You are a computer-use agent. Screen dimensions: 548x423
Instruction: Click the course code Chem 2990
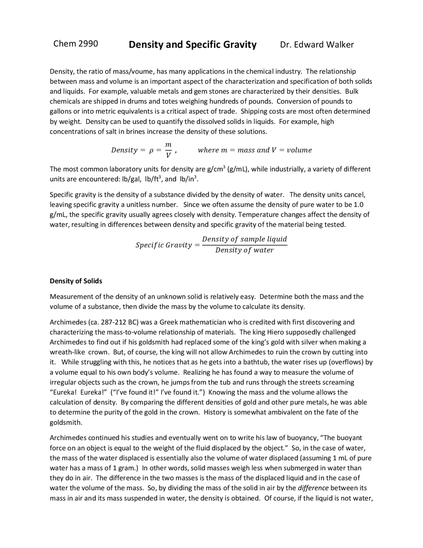coord(75,44)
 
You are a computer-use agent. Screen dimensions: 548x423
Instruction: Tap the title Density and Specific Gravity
coord(192,45)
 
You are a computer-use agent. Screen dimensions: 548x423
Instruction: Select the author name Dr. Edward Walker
coord(317,45)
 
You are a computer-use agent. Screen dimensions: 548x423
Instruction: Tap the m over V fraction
coord(168,150)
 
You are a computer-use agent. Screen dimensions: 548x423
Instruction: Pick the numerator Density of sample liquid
coord(244,239)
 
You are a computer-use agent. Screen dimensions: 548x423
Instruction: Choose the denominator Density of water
coord(244,250)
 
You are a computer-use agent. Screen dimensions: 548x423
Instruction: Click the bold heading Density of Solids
coord(76,281)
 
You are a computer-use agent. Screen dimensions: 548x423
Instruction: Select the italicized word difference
coord(313,488)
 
